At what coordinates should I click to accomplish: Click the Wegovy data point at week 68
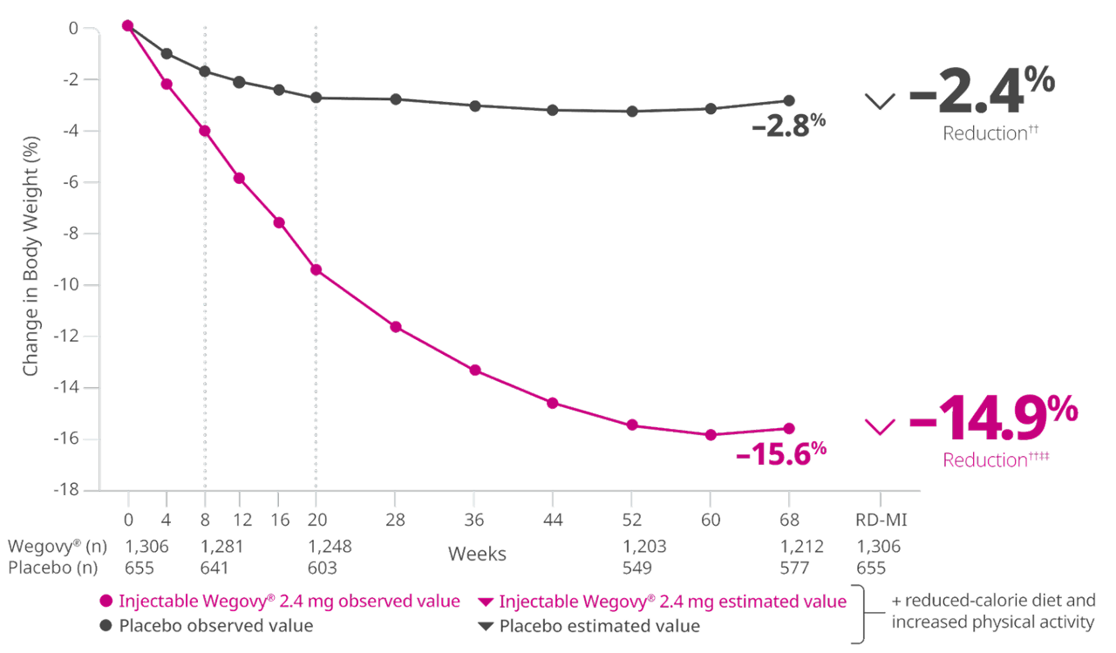click(789, 428)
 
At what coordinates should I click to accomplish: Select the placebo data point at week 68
click(789, 100)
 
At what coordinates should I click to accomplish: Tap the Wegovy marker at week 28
click(395, 327)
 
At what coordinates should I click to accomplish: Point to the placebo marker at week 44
click(552, 110)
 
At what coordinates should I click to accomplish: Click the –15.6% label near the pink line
click(780, 453)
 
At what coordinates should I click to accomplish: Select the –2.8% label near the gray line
click(788, 127)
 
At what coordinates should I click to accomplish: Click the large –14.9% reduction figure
click(994, 423)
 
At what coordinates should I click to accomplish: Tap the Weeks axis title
click(477, 553)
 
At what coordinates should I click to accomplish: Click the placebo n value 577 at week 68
click(789, 568)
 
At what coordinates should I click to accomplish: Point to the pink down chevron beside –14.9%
click(880, 425)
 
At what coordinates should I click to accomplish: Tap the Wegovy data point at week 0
click(128, 26)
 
